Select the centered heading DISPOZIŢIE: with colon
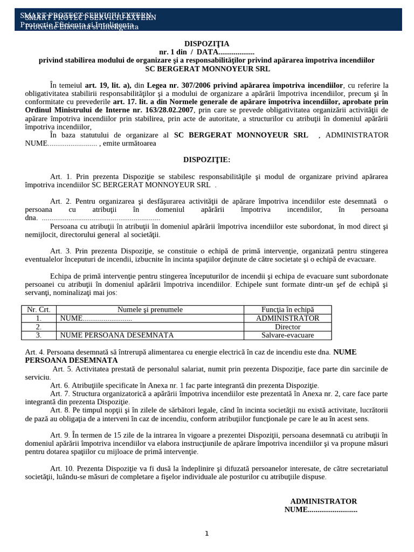206,160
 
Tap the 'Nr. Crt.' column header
39,309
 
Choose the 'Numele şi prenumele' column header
150,309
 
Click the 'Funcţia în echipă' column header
287,309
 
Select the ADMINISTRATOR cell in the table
287,318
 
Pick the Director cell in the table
287,327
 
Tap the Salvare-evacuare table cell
287,335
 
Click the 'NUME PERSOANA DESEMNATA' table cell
117,335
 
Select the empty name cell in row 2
150,327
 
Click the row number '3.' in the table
39,335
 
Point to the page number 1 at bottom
206,534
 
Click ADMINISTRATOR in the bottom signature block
323,501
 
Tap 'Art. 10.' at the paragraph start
62,468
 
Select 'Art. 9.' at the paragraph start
60,435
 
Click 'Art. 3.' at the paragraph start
60,251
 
